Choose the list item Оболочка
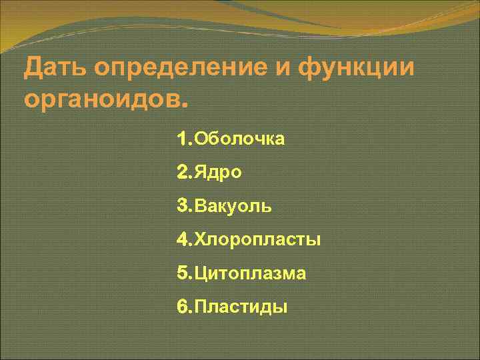click(x=239, y=139)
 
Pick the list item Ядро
click(x=217, y=173)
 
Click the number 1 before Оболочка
click(x=183, y=139)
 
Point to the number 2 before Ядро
click(x=183, y=173)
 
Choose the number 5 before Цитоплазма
click(x=183, y=273)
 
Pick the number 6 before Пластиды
click(x=183, y=307)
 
